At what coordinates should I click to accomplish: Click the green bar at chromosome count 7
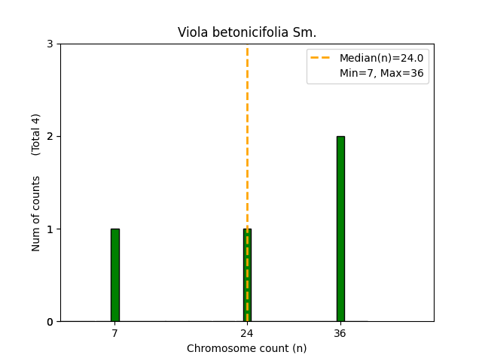114,275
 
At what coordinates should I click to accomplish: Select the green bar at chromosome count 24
247,275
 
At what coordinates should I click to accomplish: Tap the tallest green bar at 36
340,229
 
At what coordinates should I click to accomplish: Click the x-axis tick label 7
114,333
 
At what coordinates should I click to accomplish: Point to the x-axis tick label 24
247,333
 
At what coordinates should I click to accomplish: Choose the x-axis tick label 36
340,333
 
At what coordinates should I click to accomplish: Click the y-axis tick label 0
50,322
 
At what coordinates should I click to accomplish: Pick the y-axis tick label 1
50,229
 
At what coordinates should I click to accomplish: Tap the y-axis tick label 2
50,137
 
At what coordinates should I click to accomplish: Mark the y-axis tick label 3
50,44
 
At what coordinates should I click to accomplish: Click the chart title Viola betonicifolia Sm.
247,32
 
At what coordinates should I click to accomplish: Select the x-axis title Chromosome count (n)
247,348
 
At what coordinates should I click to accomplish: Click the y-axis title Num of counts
36,214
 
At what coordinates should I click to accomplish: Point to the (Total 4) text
36,135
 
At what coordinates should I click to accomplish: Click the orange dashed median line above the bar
247,135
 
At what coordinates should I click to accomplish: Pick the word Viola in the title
191,32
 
